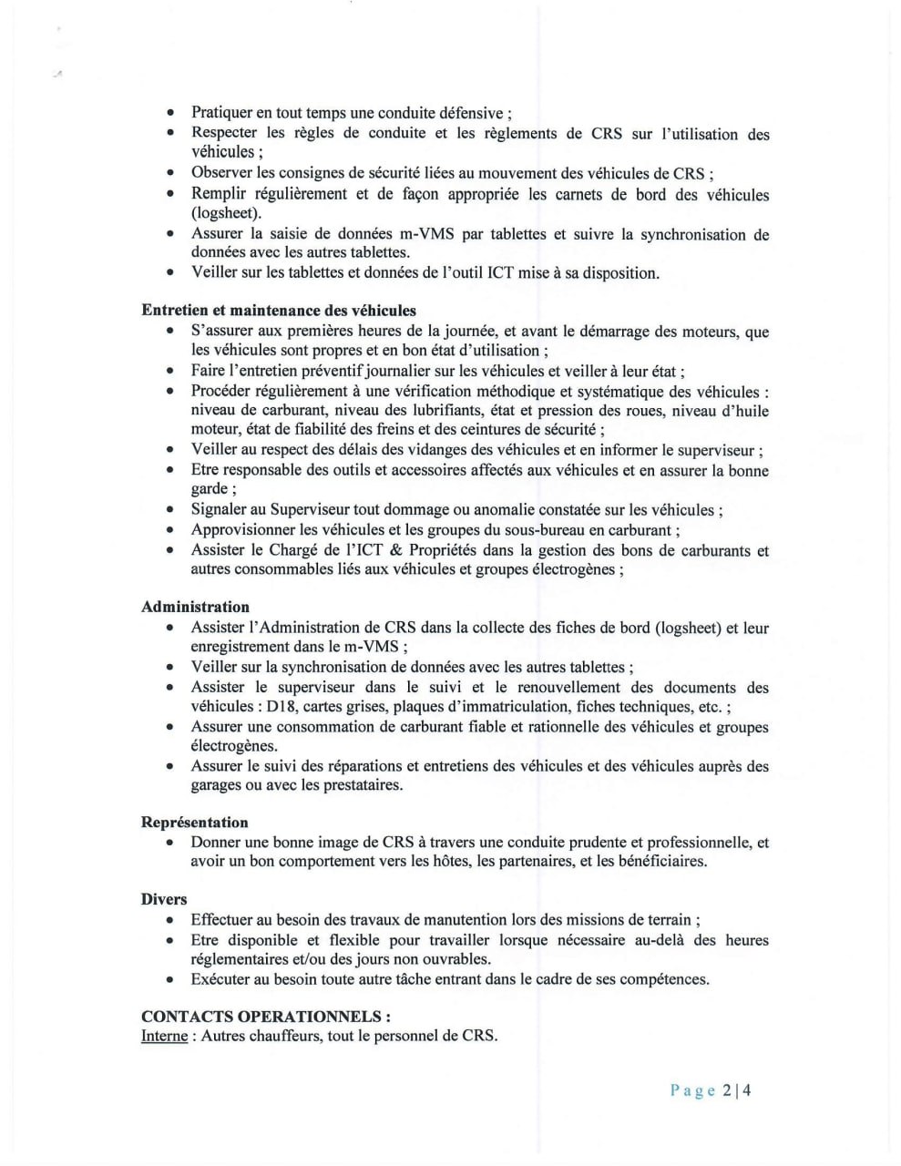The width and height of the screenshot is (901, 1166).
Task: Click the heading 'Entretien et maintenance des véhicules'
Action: [278, 311]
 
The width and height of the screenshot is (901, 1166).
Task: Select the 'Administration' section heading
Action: [195, 607]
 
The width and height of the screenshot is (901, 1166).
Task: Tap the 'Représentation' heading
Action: [194, 823]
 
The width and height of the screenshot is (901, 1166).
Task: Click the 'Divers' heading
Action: [164, 899]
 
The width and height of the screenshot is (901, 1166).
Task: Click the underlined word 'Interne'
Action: [164, 1036]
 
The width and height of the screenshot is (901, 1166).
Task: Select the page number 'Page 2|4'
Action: [711, 1090]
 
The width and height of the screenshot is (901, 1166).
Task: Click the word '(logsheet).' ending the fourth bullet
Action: [226, 213]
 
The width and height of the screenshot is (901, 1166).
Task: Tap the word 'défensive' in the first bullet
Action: [466, 114]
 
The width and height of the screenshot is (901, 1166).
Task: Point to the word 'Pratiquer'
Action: [221, 114]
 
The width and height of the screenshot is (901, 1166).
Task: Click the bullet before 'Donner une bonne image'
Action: [170, 843]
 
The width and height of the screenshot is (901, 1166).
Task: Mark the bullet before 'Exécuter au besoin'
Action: [170, 980]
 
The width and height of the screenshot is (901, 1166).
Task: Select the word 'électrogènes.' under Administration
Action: [234, 746]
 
